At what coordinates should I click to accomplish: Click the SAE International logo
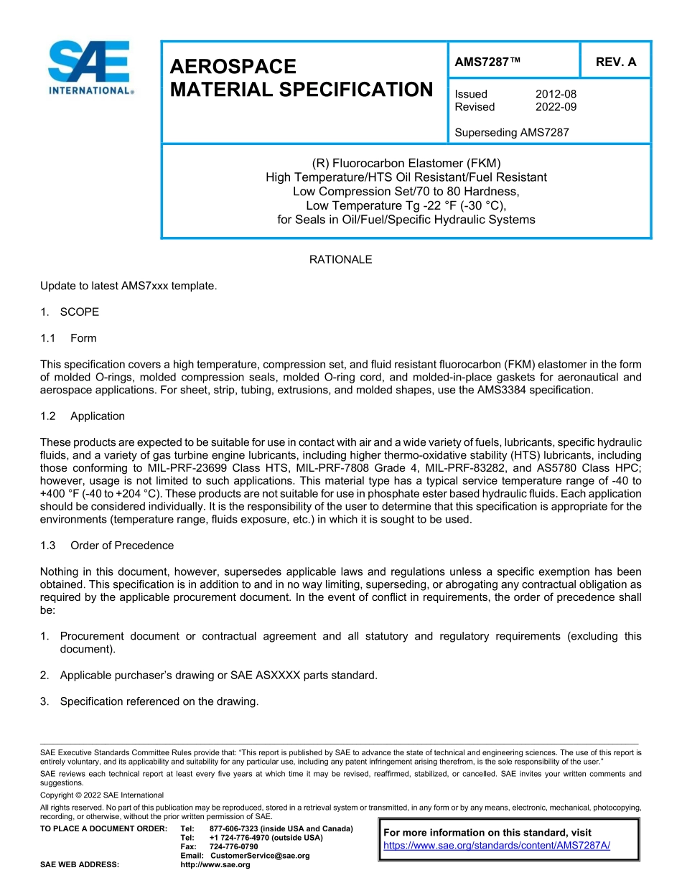click(x=89, y=68)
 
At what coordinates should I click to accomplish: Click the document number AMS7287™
click(x=487, y=62)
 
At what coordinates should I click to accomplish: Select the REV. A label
click(x=615, y=62)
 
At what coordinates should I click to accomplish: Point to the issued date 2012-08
click(x=556, y=94)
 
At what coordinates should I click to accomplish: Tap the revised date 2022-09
click(x=556, y=107)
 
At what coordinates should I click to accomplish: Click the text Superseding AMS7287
click(x=511, y=132)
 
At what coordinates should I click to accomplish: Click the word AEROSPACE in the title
click(x=233, y=67)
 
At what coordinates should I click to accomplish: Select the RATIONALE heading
click(x=340, y=260)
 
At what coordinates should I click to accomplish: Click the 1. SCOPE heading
click(x=70, y=312)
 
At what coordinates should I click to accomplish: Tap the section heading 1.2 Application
click(x=83, y=416)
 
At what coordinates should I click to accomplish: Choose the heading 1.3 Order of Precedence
click(x=107, y=546)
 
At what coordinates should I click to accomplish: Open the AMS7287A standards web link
click(x=497, y=846)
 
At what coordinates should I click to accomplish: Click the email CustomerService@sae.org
click(x=259, y=856)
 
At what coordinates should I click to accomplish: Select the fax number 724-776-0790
click(x=233, y=847)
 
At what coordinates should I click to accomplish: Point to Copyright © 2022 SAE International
click(x=102, y=795)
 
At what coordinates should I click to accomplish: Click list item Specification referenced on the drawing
click(x=159, y=701)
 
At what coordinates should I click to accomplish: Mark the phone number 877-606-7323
click(x=235, y=829)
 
